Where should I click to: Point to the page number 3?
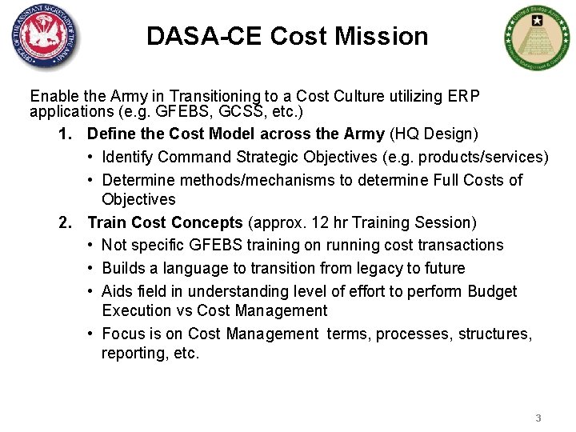538,418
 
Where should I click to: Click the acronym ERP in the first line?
465,96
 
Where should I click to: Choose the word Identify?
128,157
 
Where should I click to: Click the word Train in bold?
106,222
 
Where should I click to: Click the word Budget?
492,291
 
